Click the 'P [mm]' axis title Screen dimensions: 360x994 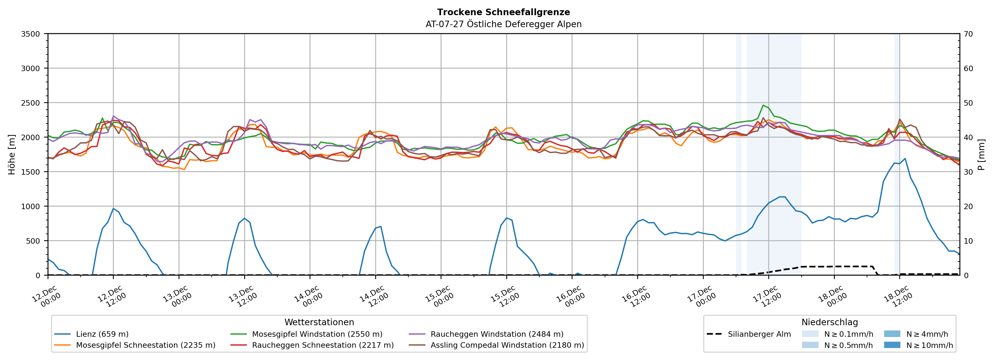(981, 154)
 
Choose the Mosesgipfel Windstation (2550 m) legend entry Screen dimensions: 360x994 (317, 334)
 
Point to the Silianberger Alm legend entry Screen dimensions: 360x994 (759, 334)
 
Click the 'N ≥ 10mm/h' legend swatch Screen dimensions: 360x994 (892, 345)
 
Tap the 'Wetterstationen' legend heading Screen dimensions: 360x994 (319, 322)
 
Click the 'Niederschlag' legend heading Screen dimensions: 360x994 (830, 322)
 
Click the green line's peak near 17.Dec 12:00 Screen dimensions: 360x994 (763, 105)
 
